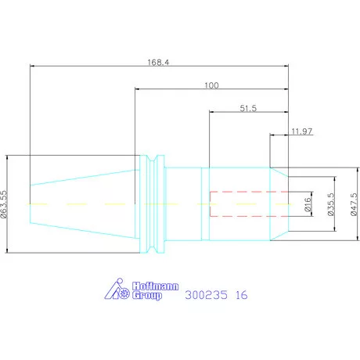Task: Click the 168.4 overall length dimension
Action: click(158, 63)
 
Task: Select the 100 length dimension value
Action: click(211, 85)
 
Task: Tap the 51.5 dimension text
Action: click(248, 108)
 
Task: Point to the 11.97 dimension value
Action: click(302, 131)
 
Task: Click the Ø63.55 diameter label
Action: click(4, 204)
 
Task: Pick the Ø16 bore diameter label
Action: click(308, 204)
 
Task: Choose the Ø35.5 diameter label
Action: click(331, 204)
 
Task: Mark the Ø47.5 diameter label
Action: click(354, 204)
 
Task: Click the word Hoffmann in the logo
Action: click(155, 286)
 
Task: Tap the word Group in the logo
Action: click(147, 296)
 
